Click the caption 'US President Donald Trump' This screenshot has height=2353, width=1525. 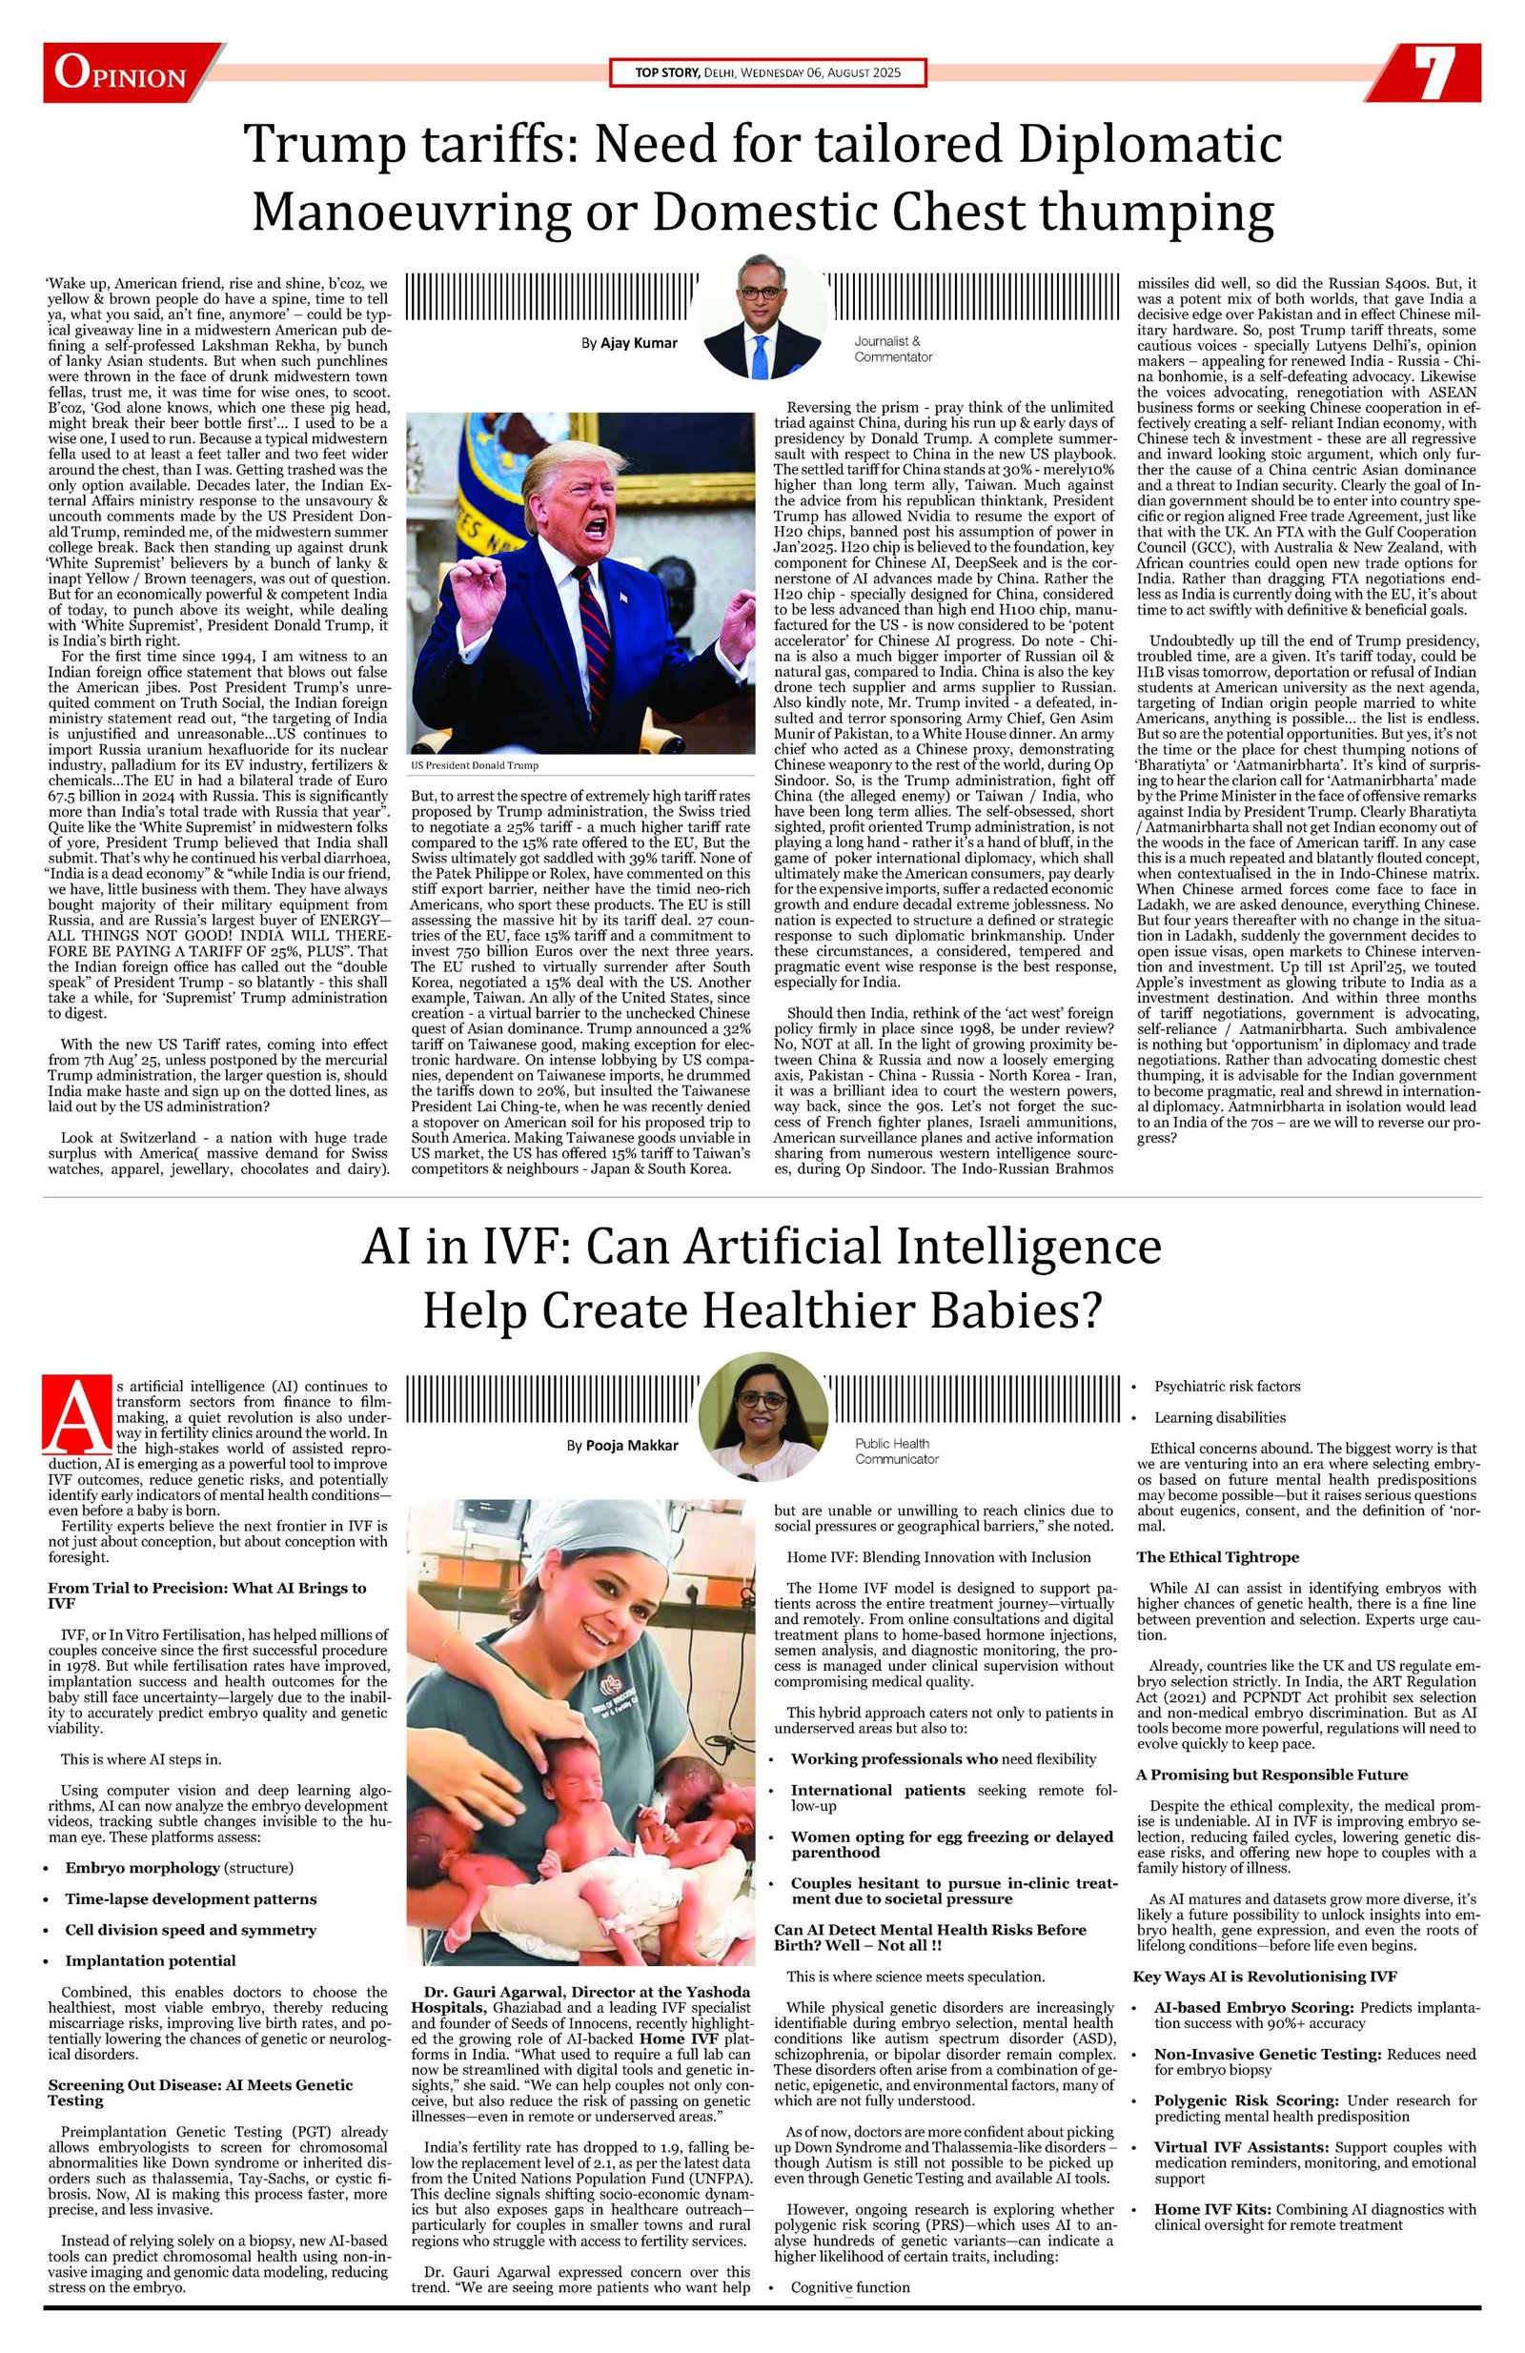pyautogui.click(x=475, y=765)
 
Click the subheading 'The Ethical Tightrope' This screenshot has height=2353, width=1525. pyautogui.click(x=1216, y=1556)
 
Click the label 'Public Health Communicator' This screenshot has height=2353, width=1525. pyautogui.click(x=896, y=1450)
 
